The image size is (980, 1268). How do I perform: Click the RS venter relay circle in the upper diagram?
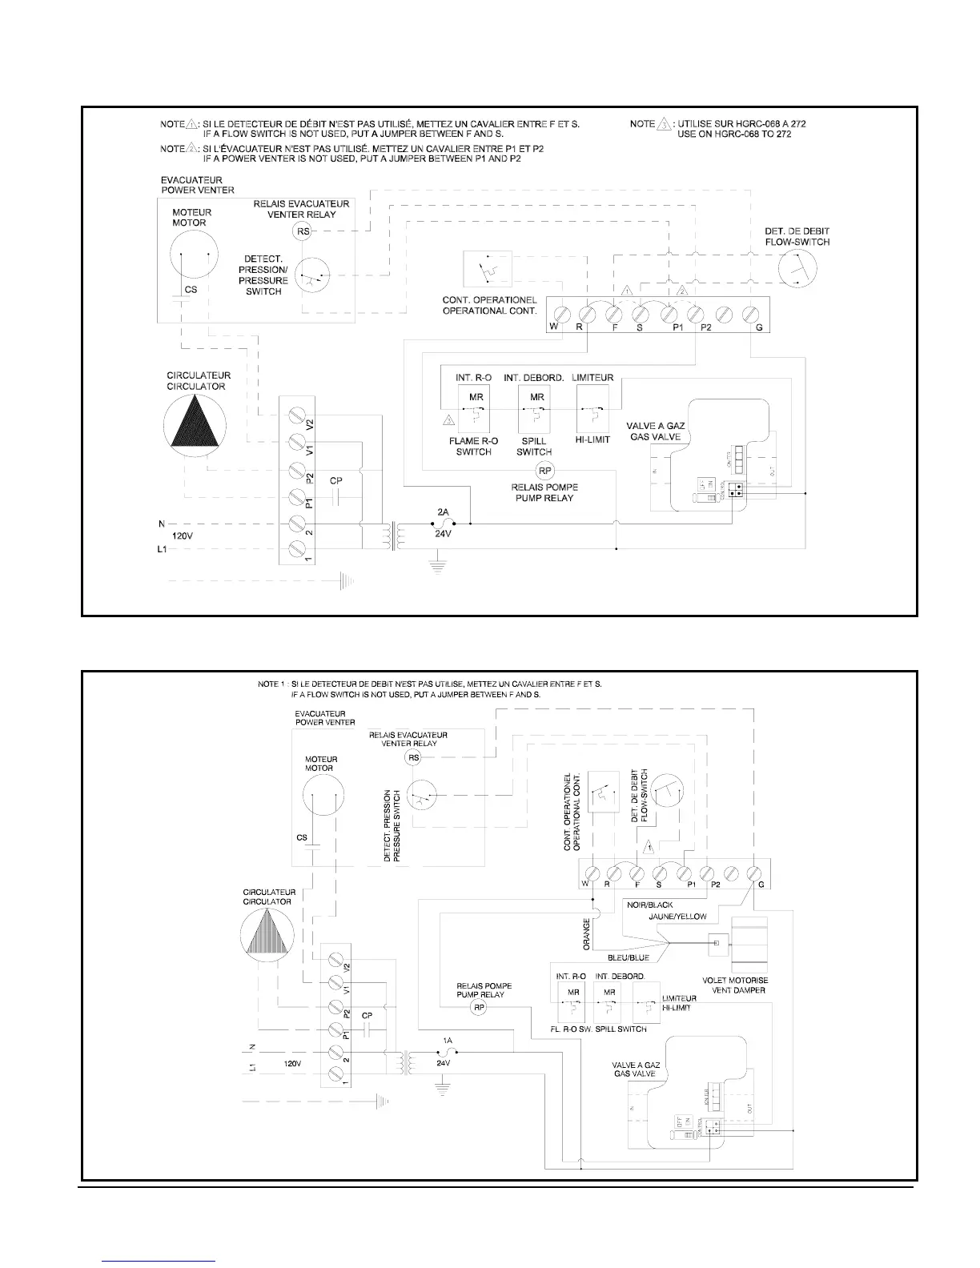(x=303, y=232)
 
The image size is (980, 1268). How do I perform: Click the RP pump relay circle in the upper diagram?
(x=544, y=471)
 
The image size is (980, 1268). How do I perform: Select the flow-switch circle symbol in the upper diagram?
(x=797, y=267)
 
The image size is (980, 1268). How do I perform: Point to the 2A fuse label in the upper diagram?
(x=444, y=511)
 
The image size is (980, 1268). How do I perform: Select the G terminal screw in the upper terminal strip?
(x=751, y=312)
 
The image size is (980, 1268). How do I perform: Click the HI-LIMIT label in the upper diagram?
(x=593, y=440)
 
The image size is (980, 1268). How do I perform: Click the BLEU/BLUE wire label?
(x=628, y=957)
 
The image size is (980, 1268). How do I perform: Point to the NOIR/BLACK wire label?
(x=650, y=905)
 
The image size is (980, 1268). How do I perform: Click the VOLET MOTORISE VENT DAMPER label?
(x=733, y=985)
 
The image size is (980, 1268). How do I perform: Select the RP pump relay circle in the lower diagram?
(x=479, y=1008)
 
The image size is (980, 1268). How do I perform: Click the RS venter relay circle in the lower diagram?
(x=414, y=757)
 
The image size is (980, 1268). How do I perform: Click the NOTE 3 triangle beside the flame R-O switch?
(x=448, y=419)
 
